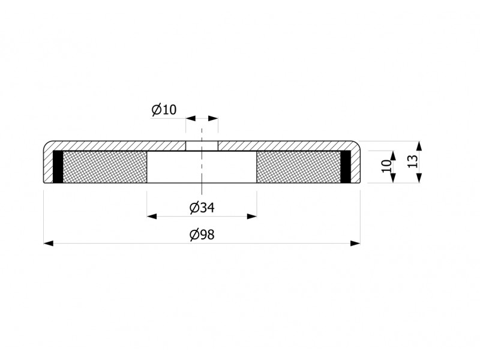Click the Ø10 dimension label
coord(164,110)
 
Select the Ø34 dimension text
coord(202,208)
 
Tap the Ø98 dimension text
coord(202,235)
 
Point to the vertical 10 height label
coord(386,166)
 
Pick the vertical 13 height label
coord(412,161)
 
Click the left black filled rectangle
coord(58,167)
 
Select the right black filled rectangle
coord(346,167)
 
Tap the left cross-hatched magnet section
coord(104,167)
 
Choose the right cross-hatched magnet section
coord(298,167)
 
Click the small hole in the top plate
coord(202,146)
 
